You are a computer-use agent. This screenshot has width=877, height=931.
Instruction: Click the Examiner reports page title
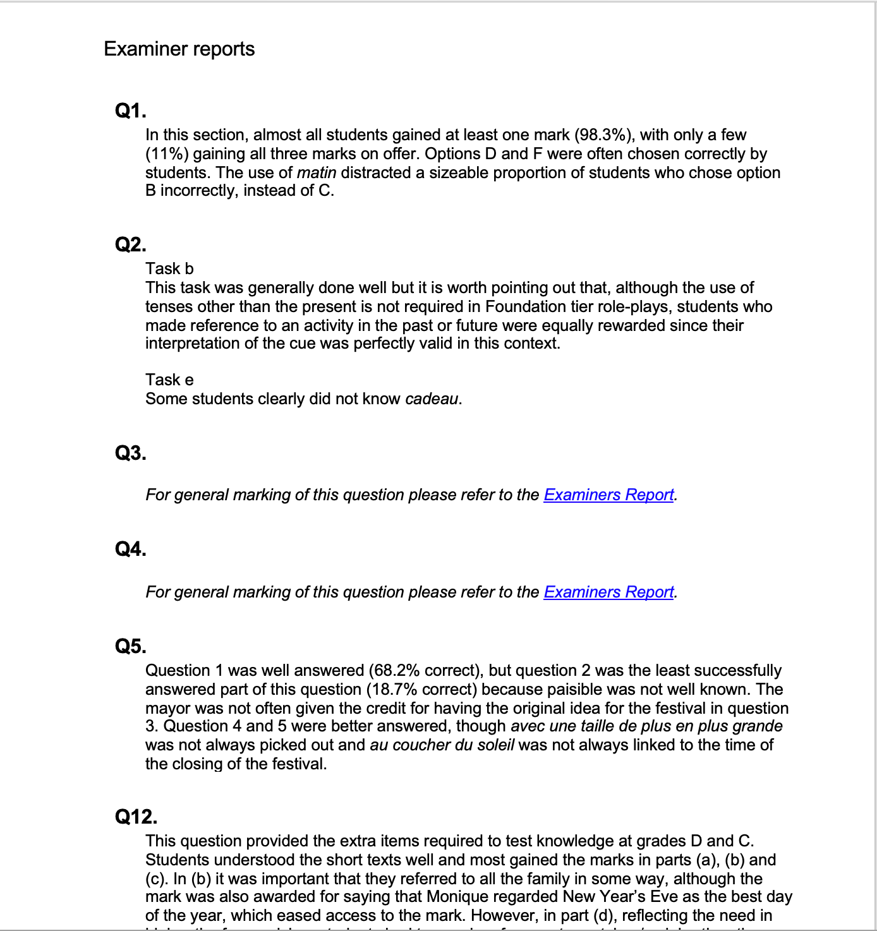pos(179,49)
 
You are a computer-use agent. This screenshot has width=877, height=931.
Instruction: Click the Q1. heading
pos(130,111)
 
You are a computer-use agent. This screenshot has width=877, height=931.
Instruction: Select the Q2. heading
pos(130,244)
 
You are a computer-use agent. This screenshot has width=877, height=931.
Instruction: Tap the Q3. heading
pos(130,453)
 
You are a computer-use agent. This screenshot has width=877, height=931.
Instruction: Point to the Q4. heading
pos(130,550)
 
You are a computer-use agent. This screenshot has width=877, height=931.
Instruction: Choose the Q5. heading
pos(130,646)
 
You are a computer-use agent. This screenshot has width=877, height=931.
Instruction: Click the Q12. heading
pos(136,817)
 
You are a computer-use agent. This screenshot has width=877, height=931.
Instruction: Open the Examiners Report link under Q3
pos(608,495)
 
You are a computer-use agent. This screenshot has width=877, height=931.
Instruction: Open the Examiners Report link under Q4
pos(608,592)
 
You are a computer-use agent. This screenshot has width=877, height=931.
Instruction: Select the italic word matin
pos(316,173)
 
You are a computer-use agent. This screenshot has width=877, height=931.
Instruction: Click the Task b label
pos(169,269)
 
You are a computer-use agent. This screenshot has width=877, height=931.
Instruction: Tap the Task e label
pos(169,380)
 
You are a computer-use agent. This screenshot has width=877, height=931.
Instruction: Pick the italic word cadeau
pos(432,399)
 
